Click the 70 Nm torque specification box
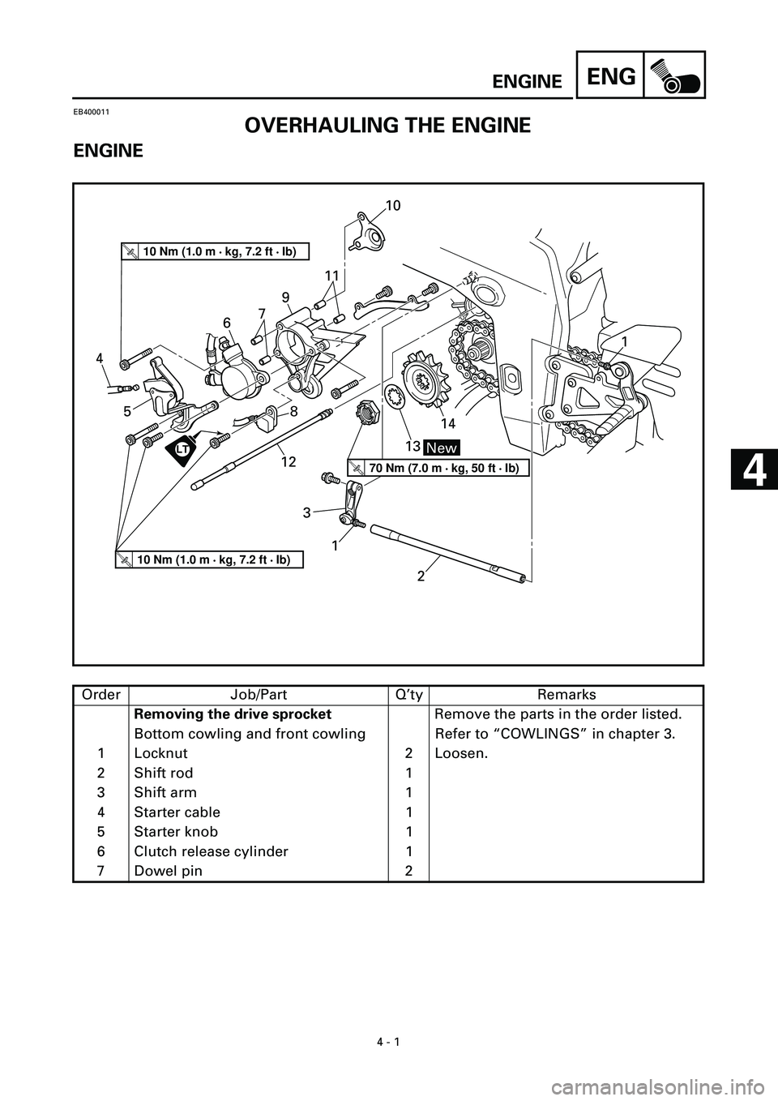438,468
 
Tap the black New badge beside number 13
442,448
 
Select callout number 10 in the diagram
393,205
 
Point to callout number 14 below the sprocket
448,423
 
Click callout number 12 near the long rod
289,461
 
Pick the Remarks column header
566,695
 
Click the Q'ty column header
408,695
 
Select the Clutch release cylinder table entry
212,851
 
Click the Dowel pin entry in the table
168,871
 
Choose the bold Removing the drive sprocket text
233,713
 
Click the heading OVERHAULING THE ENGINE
387,126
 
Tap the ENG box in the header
610,75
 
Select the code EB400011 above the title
91,112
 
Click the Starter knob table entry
177,832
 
